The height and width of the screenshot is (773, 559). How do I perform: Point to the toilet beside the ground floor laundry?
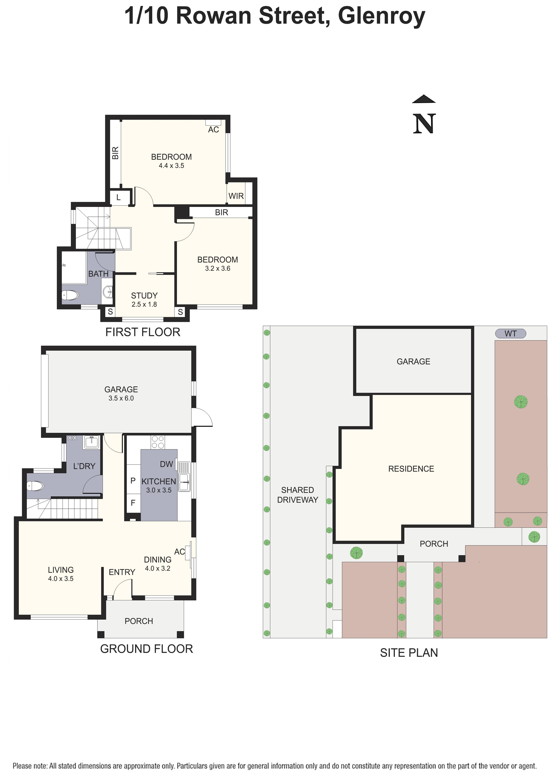click(x=35, y=486)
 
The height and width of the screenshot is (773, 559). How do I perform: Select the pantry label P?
click(x=133, y=481)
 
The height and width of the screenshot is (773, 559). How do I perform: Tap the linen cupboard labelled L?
click(x=118, y=197)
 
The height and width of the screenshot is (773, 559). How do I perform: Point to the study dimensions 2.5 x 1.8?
click(x=144, y=304)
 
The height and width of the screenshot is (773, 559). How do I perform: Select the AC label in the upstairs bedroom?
click(x=214, y=129)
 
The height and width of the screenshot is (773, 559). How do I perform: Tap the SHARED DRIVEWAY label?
click(x=297, y=495)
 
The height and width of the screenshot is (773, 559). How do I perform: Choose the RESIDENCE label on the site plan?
click(x=411, y=469)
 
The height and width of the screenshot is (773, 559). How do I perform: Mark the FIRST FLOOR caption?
click(x=143, y=332)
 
